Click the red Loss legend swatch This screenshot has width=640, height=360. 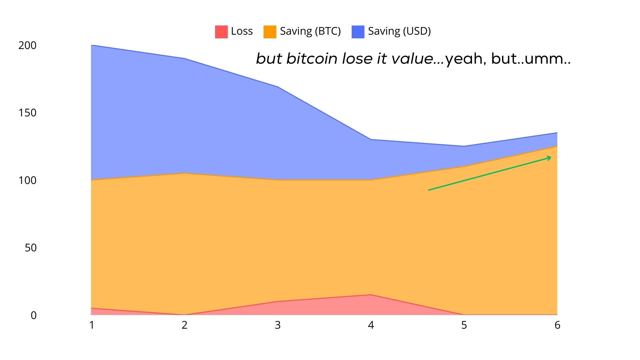(x=221, y=32)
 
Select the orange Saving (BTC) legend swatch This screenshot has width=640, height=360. (x=270, y=32)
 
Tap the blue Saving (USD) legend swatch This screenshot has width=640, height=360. (x=358, y=32)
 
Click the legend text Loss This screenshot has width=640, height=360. (x=242, y=31)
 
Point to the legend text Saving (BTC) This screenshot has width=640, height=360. (x=310, y=31)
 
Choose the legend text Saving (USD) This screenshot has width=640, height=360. (x=399, y=31)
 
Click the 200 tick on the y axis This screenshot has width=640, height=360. (x=27, y=45)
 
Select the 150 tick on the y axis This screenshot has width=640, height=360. (x=27, y=113)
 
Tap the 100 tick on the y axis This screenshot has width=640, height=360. (x=27, y=180)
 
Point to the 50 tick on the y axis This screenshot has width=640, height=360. (x=31, y=248)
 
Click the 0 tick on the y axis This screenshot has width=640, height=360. (x=33, y=315)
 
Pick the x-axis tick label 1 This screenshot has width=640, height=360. (x=92, y=325)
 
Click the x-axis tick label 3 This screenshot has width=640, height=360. (x=278, y=325)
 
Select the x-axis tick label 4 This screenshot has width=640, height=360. (x=371, y=325)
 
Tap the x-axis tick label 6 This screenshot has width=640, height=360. (x=557, y=325)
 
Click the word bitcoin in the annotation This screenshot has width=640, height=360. (x=312, y=59)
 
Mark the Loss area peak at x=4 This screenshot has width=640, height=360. (x=371, y=295)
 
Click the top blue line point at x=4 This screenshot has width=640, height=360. (x=371, y=139)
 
